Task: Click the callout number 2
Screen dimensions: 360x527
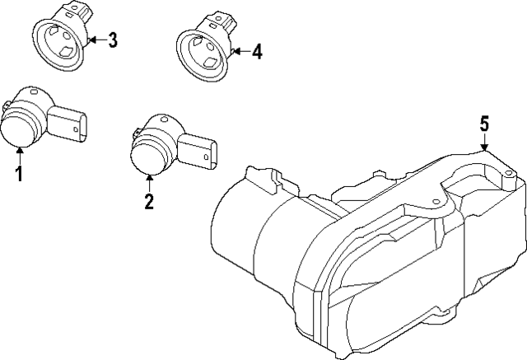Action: tap(149, 201)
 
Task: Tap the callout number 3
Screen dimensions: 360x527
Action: tap(113, 39)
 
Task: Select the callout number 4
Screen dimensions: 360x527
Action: tap(257, 52)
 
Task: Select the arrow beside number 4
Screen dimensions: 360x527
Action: tap(240, 52)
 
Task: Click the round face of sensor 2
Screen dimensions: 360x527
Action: tap(148, 157)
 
